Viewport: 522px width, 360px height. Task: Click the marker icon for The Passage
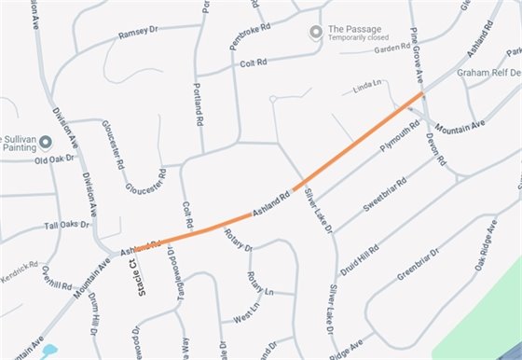pos(316,33)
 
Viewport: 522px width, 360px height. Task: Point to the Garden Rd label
pos(392,50)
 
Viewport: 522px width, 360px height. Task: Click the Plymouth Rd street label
pos(402,135)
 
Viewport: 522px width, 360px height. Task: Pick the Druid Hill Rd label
pos(359,257)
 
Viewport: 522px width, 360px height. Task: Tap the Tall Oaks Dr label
pos(66,225)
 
